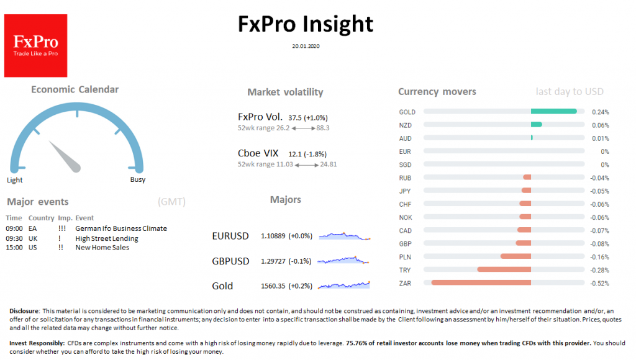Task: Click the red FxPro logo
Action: pos(35,45)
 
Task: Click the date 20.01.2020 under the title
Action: pos(306,46)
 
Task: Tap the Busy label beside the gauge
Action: pos(137,180)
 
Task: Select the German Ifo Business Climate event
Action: pos(120,228)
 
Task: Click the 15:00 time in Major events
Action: pos(14,248)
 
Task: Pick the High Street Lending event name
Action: pos(106,238)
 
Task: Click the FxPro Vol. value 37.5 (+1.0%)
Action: pos(308,117)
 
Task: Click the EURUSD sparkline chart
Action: pos(344,236)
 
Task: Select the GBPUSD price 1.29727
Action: pos(276,261)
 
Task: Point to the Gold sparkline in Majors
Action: pos(344,285)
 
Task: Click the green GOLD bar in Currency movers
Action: pos(554,112)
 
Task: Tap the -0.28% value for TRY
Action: pos(599,270)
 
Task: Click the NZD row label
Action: pos(406,125)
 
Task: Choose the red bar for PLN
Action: pos(516,256)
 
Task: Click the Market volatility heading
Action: pos(285,92)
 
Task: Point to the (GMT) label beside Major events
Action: pos(171,202)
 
